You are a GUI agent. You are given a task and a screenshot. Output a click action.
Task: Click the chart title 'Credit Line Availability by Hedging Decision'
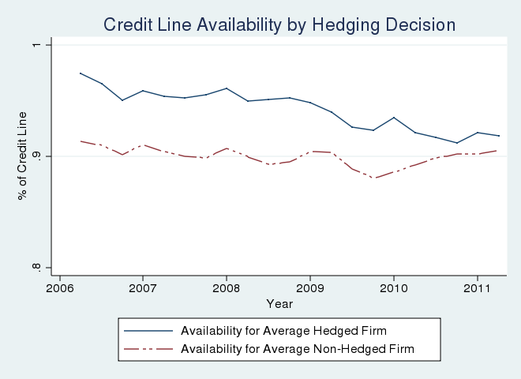click(x=279, y=25)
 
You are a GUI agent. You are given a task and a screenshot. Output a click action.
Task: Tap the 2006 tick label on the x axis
click(x=59, y=288)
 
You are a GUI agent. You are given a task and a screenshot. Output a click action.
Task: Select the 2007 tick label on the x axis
click(x=143, y=288)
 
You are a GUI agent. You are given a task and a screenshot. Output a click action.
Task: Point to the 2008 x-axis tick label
click(x=227, y=288)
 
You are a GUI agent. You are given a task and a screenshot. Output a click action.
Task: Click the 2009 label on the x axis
click(x=310, y=288)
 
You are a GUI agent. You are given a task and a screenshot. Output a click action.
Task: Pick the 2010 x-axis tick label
click(x=394, y=288)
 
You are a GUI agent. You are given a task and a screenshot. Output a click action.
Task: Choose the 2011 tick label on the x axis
click(x=477, y=288)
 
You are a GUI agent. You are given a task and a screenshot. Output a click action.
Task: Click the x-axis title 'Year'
click(x=279, y=303)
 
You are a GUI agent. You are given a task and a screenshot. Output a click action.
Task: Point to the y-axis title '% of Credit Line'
click(x=23, y=156)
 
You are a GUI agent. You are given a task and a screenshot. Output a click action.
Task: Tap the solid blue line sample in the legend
click(x=148, y=330)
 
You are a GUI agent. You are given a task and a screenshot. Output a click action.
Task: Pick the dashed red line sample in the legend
click(x=148, y=348)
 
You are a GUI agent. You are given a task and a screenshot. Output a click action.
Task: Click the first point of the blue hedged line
click(x=81, y=73)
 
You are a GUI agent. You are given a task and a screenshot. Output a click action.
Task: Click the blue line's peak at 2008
click(x=227, y=88)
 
